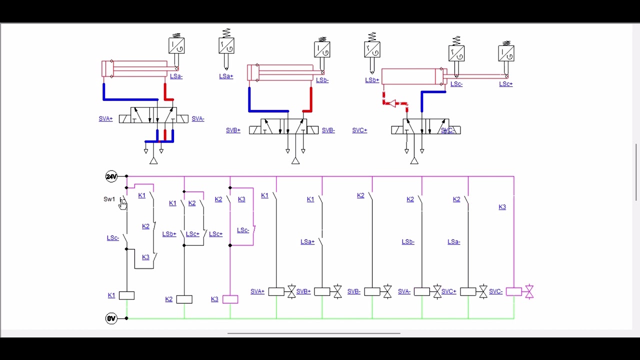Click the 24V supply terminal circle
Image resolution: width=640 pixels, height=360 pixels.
click(x=111, y=176)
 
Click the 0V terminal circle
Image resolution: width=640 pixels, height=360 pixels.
click(x=111, y=318)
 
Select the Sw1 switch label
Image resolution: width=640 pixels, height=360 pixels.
click(x=109, y=199)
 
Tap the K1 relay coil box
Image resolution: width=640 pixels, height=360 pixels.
click(x=126, y=295)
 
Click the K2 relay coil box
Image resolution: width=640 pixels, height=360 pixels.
click(x=184, y=299)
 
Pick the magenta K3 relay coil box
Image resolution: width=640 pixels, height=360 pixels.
click(x=230, y=299)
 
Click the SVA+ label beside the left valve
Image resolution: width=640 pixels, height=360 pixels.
click(x=105, y=119)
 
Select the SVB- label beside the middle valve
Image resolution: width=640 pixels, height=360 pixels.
click(x=328, y=130)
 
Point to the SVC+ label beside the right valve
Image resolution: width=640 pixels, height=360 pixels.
click(x=359, y=130)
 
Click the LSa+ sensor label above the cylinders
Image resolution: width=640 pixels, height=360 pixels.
click(x=226, y=76)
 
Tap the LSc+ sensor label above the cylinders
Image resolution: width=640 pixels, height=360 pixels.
click(x=505, y=84)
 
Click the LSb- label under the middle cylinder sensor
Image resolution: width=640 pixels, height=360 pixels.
click(x=322, y=80)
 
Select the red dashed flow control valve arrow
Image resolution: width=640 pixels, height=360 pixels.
click(x=392, y=103)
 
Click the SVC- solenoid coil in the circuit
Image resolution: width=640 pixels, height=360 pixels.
click(x=513, y=291)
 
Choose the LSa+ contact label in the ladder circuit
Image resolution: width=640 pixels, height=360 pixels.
click(x=307, y=242)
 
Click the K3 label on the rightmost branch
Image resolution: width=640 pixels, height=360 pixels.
click(x=502, y=207)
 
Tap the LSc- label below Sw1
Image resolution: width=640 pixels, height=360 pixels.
click(x=112, y=238)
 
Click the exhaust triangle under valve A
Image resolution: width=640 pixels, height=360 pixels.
click(x=153, y=161)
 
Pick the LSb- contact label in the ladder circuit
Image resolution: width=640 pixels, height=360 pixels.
click(x=408, y=242)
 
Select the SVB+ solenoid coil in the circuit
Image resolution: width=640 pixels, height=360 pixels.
click(x=321, y=291)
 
